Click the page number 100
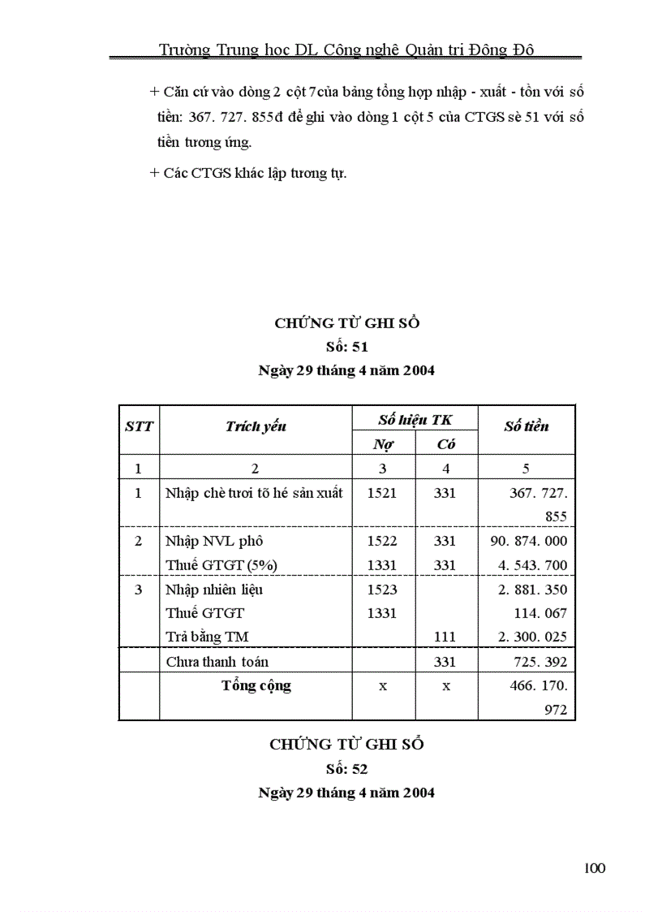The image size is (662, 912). tap(594, 869)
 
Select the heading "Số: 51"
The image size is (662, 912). tap(346, 347)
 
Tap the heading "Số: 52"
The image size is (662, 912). tap(346, 768)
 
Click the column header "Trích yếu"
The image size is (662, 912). tap(256, 427)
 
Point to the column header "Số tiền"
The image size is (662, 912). tap(526, 426)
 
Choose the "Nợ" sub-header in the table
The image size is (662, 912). tap(383, 444)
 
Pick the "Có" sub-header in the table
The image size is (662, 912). tap(446, 444)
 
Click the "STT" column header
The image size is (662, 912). tap(139, 426)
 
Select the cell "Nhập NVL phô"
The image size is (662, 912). tap(214, 541)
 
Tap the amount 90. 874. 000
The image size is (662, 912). tap(529, 541)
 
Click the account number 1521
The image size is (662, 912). tap(382, 493)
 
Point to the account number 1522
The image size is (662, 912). tap(382, 541)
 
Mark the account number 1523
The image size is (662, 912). tap(382, 590)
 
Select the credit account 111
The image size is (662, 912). tap(445, 638)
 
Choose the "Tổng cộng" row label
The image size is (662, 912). tap(256, 686)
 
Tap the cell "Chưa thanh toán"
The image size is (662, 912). tap(217, 663)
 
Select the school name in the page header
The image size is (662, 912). tap(346, 50)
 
